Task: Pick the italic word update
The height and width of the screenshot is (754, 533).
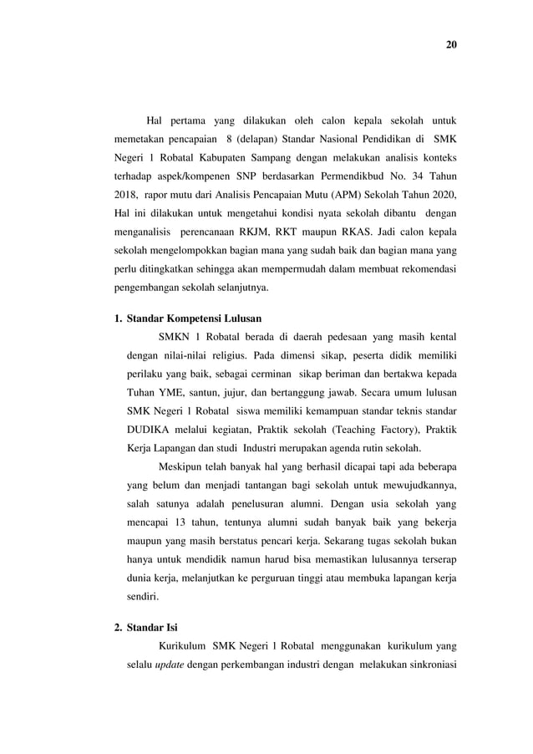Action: click(x=170, y=666)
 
